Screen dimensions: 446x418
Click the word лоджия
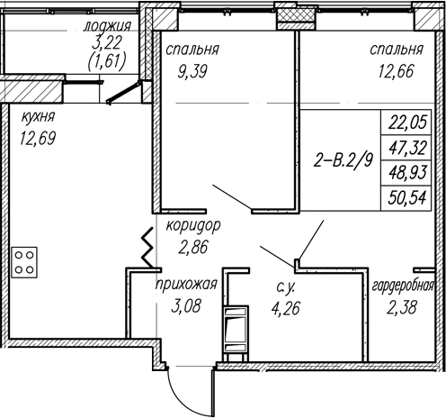tap(107, 26)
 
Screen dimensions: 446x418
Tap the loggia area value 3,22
tap(107, 43)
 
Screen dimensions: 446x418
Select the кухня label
tap(38, 117)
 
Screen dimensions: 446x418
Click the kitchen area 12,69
tap(38, 138)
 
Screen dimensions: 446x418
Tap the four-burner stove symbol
tap(24, 262)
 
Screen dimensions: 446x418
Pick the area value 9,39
tap(192, 72)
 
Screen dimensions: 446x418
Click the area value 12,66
tap(396, 72)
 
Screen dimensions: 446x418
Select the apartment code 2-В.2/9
tap(343, 160)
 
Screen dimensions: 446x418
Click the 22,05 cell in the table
tap(407, 123)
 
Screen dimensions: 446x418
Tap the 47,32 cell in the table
tap(407, 148)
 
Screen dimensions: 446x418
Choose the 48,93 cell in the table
tap(407, 173)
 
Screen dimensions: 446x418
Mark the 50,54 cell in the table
tap(407, 198)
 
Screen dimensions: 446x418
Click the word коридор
tap(193, 226)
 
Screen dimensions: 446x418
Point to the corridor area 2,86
tap(193, 248)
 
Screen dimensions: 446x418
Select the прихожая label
tap(186, 284)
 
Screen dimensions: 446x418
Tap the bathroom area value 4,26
tap(285, 308)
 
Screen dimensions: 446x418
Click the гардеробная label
tap(403, 286)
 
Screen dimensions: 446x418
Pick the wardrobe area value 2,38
tap(402, 307)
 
